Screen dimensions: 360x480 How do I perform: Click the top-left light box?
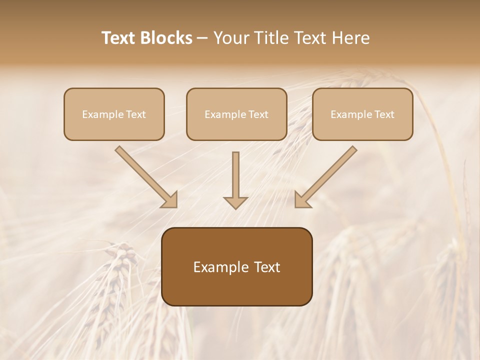tap(114, 114)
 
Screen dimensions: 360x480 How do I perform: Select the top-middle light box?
tap(236, 114)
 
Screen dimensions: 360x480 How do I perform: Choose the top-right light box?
tap(362, 114)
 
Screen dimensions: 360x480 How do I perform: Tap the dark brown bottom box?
tap(236, 266)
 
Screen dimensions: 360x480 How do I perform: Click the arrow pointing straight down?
tap(235, 180)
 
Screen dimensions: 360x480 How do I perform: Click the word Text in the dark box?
tap(267, 267)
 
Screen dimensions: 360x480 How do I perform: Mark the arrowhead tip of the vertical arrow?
tap(235, 207)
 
